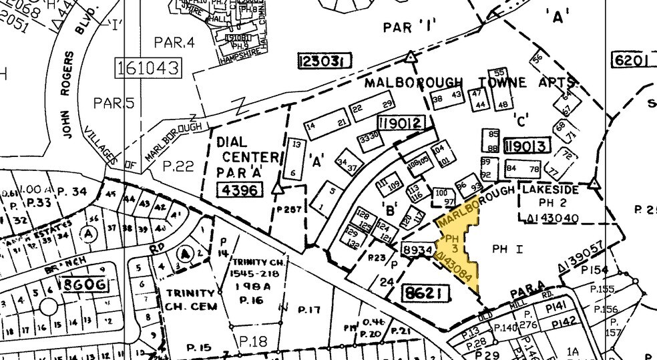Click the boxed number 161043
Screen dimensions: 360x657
(x=148, y=67)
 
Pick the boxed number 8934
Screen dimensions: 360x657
(x=417, y=249)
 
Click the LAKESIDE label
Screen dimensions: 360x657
(x=549, y=190)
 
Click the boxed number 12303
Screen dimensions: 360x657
(x=324, y=61)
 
